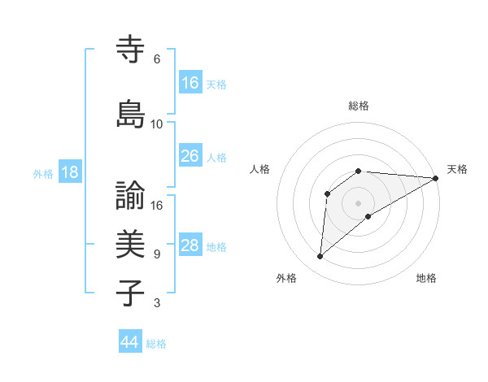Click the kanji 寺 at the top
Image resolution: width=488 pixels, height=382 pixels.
[x=131, y=49]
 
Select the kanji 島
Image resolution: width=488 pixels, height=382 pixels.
[x=131, y=113]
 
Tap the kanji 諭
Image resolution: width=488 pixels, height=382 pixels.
[x=131, y=196]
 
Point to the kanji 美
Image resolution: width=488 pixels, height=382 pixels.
[x=131, y=244]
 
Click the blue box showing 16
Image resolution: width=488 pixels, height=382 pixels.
[x=190, y=82]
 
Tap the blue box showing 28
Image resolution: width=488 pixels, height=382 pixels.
[x=190, y=245]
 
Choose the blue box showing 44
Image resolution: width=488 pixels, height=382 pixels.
[x=130, y=342]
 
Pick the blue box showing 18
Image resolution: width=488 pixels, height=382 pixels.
[x=69, y=172]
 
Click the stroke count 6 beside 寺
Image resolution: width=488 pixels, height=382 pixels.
[x=156, y=59]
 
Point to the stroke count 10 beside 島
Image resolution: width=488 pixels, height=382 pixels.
[x=157, y=124]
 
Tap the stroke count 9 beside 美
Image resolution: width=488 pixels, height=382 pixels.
[x=156, y=254]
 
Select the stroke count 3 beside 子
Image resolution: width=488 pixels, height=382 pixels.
[x=156, y=303]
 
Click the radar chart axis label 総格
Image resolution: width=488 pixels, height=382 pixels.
[x=359, y=106]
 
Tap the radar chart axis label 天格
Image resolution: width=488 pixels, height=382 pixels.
[x=457, y=169]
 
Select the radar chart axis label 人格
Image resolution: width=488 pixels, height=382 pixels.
[x=259, y=169]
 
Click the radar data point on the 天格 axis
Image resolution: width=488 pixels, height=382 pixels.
[x=436, y=178]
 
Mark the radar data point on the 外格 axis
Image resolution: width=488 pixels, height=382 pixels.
[x=320, y=257]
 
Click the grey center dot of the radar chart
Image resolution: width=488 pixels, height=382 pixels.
[x=359, y=202]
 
